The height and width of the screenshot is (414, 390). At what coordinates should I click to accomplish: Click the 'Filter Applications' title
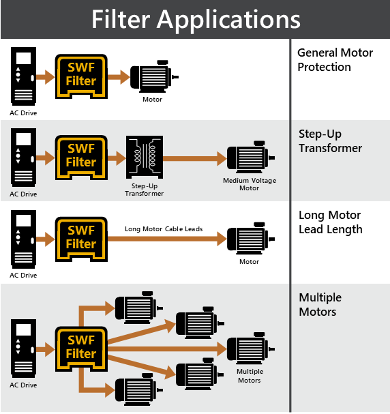[x=196, y=19]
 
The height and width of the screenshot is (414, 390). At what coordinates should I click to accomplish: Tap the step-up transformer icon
[x=145, y=157]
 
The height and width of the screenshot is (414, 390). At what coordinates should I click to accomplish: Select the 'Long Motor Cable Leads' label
[x=164, y=228]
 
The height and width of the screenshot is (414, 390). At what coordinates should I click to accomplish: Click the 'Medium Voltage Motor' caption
[x=250, y=184]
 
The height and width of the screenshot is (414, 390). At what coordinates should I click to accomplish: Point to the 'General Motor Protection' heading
[x=335, y=59]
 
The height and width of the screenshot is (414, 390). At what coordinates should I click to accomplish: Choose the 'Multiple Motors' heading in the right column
[x=320, y=304]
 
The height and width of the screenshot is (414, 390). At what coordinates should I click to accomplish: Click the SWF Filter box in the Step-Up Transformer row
[x=81, y=158]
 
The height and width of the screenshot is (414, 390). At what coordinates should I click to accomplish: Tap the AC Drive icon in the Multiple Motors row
[x=23, y=349]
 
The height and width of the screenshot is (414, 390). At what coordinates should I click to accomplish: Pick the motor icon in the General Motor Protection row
[x=154, y=76]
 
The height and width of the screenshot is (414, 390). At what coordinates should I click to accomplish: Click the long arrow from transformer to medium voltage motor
[x=195, y=158]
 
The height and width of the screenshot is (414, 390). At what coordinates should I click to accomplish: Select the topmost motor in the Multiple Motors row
[x=139, y=308]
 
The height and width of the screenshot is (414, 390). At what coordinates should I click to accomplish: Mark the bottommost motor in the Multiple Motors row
[x=139, y=389]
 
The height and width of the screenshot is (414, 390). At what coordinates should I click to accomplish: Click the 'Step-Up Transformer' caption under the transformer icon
[x=145, y=190]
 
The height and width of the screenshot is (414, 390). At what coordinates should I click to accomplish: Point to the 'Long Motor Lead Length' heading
[x=331, y=222]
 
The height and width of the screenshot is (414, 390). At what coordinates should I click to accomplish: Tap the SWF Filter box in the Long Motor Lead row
[x=81, y=239]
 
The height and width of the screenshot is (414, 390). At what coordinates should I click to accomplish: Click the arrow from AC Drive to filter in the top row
[x=46, y=77]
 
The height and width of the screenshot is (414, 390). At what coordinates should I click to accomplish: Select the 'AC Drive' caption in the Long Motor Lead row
[x=23, y=275]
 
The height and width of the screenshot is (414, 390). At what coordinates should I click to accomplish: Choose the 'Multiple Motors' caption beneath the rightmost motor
[x=250, y=376]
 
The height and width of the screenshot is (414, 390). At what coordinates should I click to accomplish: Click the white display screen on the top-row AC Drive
[x=23, y=58]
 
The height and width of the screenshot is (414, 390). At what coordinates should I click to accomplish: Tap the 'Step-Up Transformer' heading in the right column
[x=330, y=141]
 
